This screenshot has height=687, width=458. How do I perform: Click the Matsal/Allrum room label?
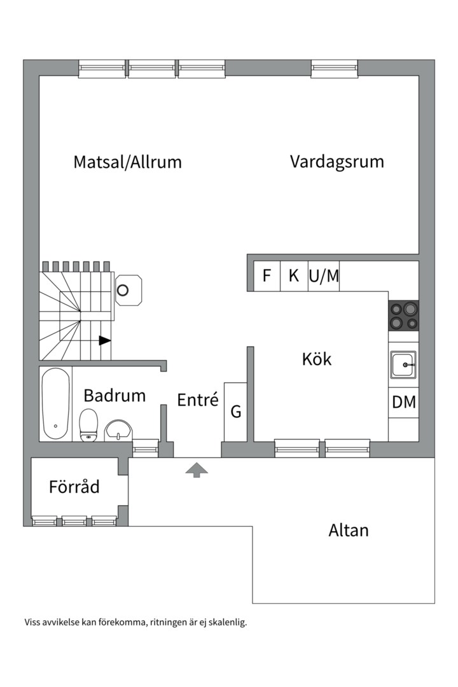(x=127, y=162)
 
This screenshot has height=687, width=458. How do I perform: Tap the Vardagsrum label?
(x=337, y=161)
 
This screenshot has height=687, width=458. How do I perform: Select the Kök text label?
(x=317, y=359)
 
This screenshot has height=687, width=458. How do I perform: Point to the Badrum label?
(x=114, y=396)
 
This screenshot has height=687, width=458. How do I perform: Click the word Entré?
(x=197, y=400)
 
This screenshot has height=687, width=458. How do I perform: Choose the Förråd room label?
(x=74, y=487)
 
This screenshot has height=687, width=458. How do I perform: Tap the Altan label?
(x=348, y=530)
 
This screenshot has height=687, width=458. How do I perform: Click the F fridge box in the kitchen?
(x=267, y=276)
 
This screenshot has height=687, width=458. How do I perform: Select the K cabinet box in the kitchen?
(x=294, y=276)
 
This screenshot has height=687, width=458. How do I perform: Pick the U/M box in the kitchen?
(x=324, y=276)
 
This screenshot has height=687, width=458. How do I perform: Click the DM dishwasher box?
(x=403, y=403)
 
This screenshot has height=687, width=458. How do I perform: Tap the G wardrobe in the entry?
(x=235, y=412)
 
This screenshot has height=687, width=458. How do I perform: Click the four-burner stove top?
(x=403, y=316)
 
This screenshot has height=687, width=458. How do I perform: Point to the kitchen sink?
(x=403, y=366)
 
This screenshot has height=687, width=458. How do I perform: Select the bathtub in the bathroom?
(x=56, y=403)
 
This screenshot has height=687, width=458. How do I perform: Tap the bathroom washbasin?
(x=118, y=430)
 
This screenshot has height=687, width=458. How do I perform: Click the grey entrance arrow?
(x=197, y=470)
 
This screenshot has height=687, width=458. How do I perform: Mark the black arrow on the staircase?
(x=104, y=340)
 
